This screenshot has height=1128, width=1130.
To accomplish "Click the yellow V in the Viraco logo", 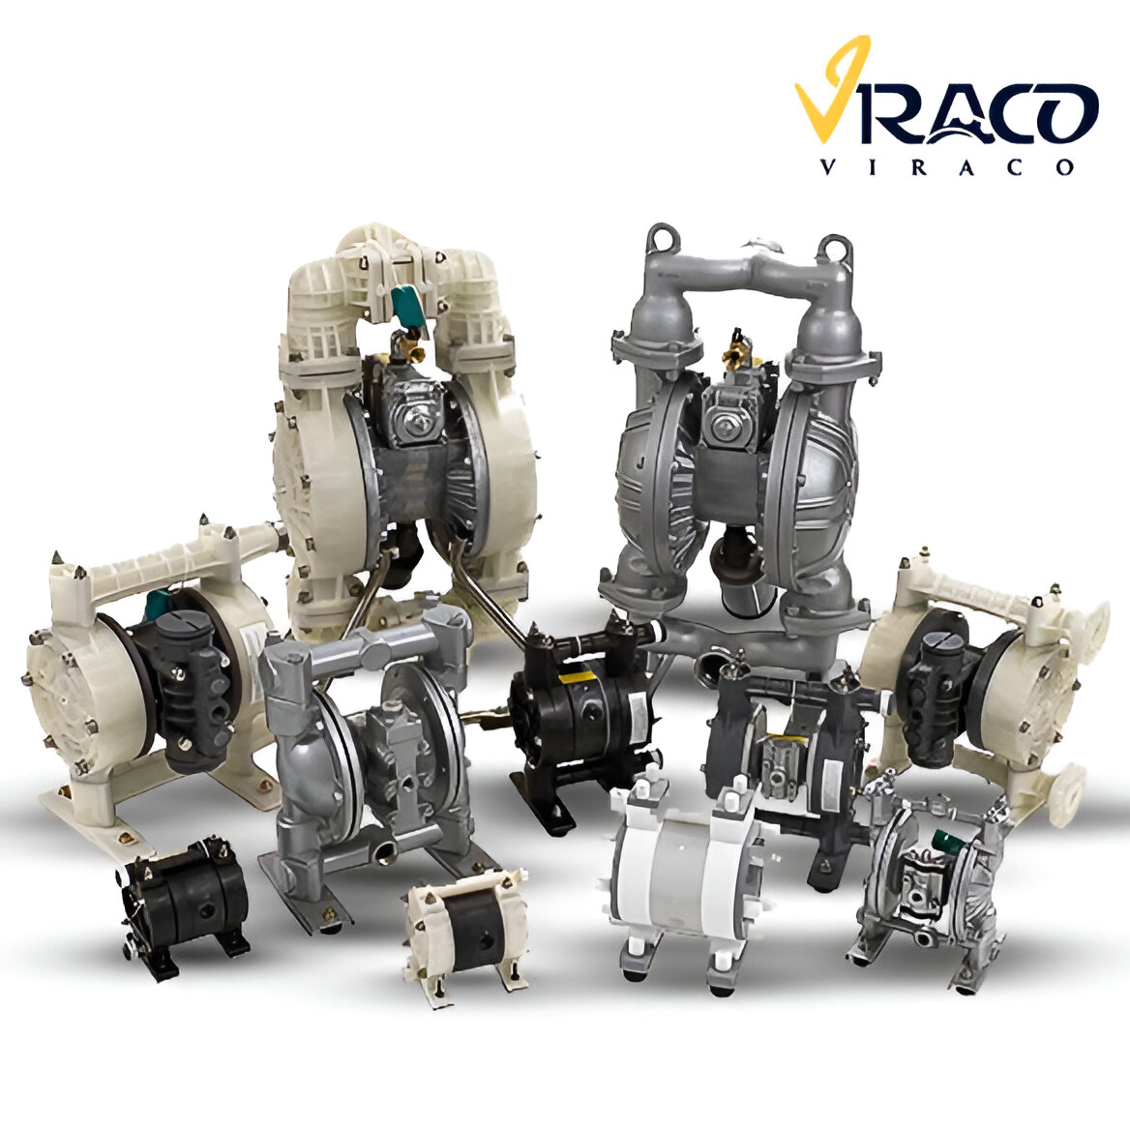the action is click(829, 94).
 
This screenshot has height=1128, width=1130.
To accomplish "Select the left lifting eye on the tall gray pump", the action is click(662, 237).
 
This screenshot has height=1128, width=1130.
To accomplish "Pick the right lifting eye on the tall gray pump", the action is click(836, 248).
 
